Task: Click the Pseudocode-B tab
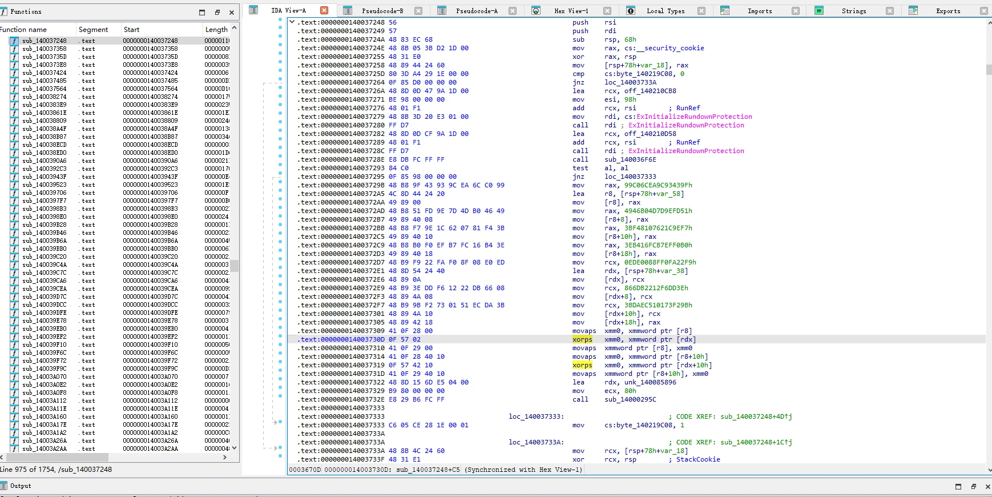382,11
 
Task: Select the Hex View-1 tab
571,11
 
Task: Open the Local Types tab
666,11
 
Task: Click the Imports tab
760,11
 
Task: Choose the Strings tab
854,11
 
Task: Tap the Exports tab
948,11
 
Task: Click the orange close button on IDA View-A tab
324,10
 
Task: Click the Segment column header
93,30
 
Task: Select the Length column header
216,30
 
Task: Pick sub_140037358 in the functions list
44,49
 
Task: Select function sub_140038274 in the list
44,97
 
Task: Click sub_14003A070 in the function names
44,377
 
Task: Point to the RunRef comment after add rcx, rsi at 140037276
688,108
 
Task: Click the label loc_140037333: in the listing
536,416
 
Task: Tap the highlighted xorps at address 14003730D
582,339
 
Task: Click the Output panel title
21,486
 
